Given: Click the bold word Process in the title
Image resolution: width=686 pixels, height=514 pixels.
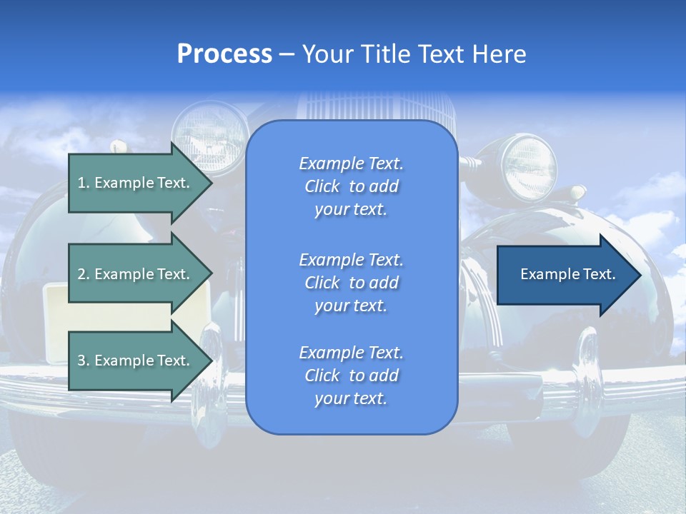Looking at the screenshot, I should point(224,54).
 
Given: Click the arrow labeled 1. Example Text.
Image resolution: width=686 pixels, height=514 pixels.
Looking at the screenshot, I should point(136,183).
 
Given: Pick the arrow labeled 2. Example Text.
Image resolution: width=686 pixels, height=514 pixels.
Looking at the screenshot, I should point(136,274).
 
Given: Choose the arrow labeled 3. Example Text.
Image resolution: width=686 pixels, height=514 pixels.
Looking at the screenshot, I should point(136,361).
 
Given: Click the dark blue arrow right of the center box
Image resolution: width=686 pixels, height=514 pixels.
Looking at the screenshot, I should point(565,275).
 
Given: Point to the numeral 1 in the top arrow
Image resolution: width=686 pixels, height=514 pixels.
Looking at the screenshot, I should point(81,183).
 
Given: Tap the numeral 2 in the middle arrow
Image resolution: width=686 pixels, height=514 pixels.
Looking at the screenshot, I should point(81,274).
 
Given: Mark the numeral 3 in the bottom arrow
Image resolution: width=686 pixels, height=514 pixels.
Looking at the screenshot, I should point(81,361).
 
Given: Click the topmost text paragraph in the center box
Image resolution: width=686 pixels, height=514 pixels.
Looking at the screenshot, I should point(351,186).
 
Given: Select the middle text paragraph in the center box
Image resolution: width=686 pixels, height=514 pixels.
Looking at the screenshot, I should point(351,283).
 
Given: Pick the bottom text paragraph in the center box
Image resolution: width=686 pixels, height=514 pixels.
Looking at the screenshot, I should point(351,376).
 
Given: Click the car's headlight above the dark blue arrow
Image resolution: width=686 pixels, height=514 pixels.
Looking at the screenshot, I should point(530,167).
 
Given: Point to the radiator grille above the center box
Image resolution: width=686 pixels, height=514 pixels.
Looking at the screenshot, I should point(350,107).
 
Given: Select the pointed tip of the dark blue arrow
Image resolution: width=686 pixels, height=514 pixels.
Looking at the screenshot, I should point(637,275).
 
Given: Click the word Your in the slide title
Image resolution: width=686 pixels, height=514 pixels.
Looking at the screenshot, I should point(326,54).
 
